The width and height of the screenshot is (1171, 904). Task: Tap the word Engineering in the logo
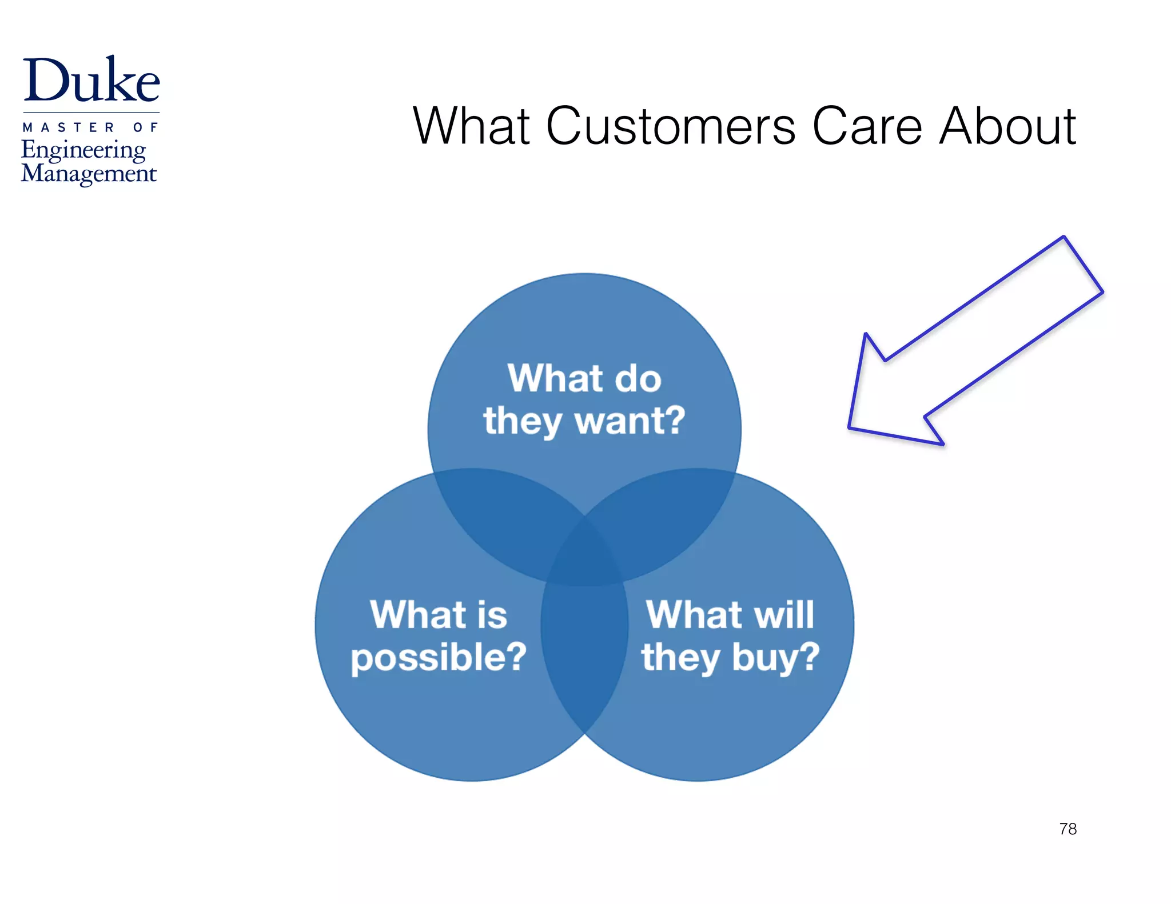(x=83, y=150)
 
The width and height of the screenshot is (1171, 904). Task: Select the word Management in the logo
(x=89, y=174)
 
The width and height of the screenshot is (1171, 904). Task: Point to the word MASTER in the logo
(x=69, y=127)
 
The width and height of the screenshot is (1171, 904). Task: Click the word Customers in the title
(x=670, y=126)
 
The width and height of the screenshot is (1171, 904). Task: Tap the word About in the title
(x=1007, y=126)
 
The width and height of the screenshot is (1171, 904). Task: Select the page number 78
(x=1068, y=829)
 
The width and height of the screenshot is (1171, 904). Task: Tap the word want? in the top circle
(x=630, y=421)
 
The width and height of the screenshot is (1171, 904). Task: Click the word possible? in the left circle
(x=439, y=658)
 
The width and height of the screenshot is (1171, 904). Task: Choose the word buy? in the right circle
(x=776, y=658)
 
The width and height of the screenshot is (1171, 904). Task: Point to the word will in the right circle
(x=784, y=615)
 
